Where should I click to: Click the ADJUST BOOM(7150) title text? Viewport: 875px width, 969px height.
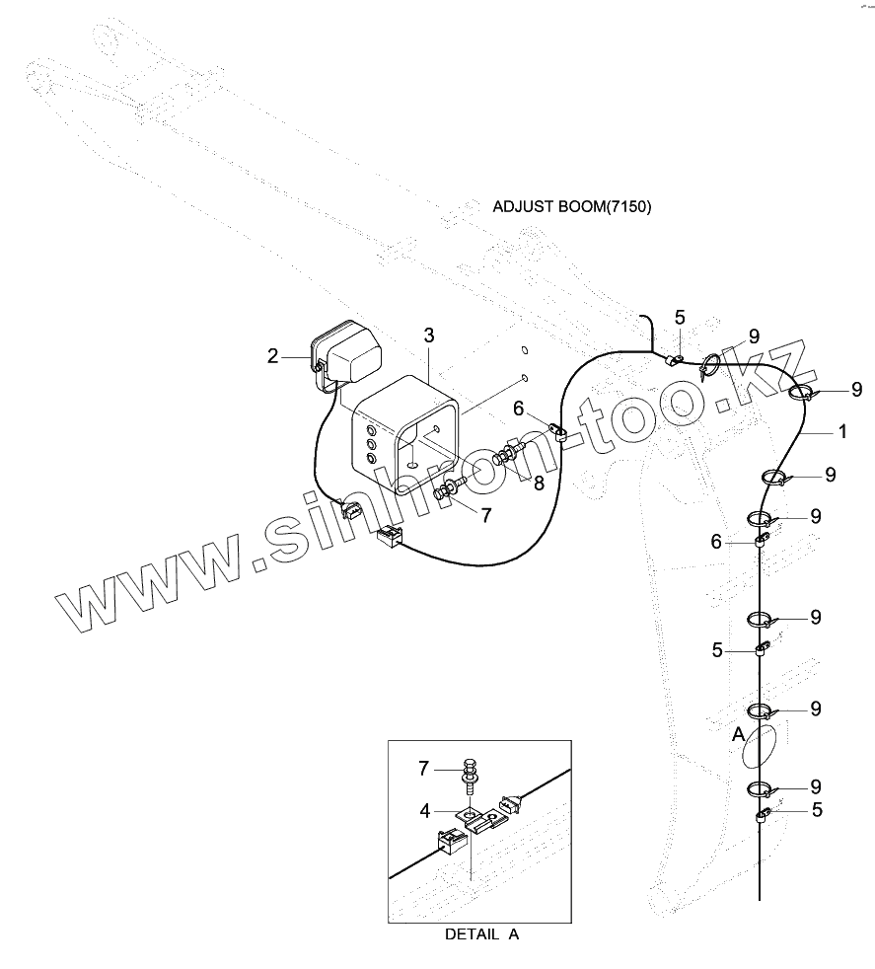point(572,207)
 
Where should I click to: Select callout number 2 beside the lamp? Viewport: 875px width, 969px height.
point(273,356)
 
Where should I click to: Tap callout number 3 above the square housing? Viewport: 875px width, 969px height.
point(429,335)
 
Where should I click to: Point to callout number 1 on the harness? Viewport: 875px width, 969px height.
point(841,431)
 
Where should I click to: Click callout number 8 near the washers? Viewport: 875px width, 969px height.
point(538,483)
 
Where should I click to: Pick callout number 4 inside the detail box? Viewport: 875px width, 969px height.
point(425,811)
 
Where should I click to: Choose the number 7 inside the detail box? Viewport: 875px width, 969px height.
point(425,768)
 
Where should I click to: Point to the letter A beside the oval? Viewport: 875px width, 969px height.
point(736,735)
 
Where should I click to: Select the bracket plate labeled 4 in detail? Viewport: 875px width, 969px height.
point(473,815)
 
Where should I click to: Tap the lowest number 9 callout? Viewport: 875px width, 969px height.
point(816,786)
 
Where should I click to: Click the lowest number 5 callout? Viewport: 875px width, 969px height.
point(816,810)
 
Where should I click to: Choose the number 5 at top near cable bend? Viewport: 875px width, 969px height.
point(680,317)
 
